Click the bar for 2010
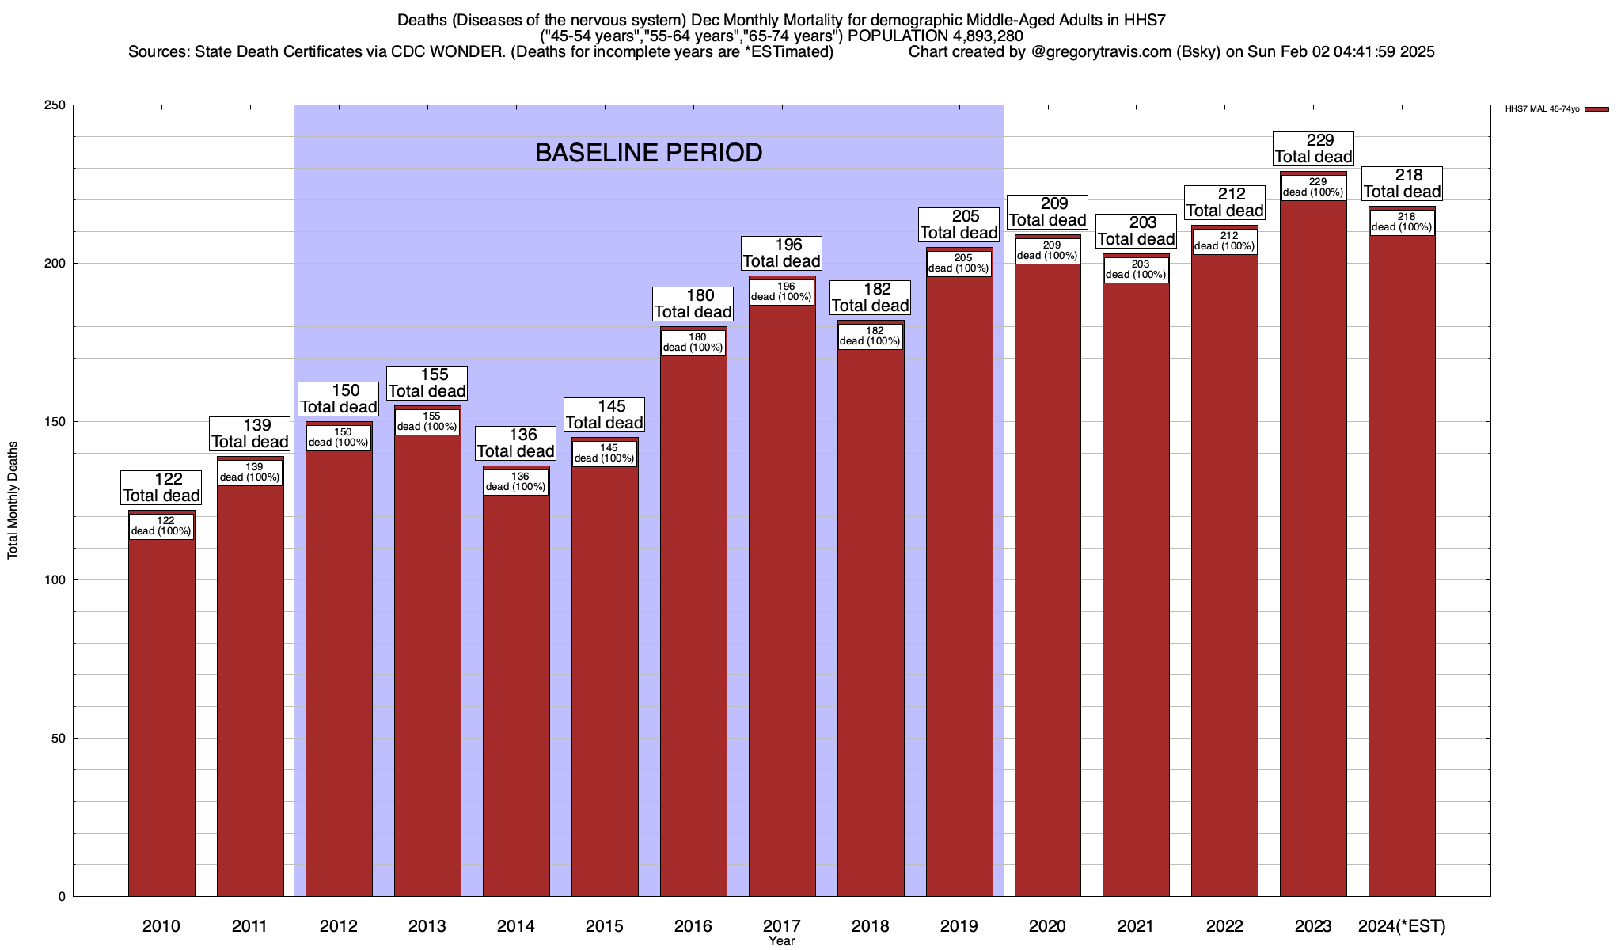point(161,712)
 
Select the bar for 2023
point(1313,554)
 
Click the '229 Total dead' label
point(1313,149)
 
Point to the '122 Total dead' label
point(161,488)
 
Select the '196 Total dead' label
point(782,253)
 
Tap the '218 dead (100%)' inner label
point(1402,222)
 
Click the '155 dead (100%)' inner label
point(427,422)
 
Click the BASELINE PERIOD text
point(648,153)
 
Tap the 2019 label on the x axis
point(959,926)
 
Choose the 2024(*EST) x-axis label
point(1402,926)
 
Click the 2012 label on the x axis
point(339,926)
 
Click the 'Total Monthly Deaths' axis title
point(13,500)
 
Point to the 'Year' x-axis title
point(781,941)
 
